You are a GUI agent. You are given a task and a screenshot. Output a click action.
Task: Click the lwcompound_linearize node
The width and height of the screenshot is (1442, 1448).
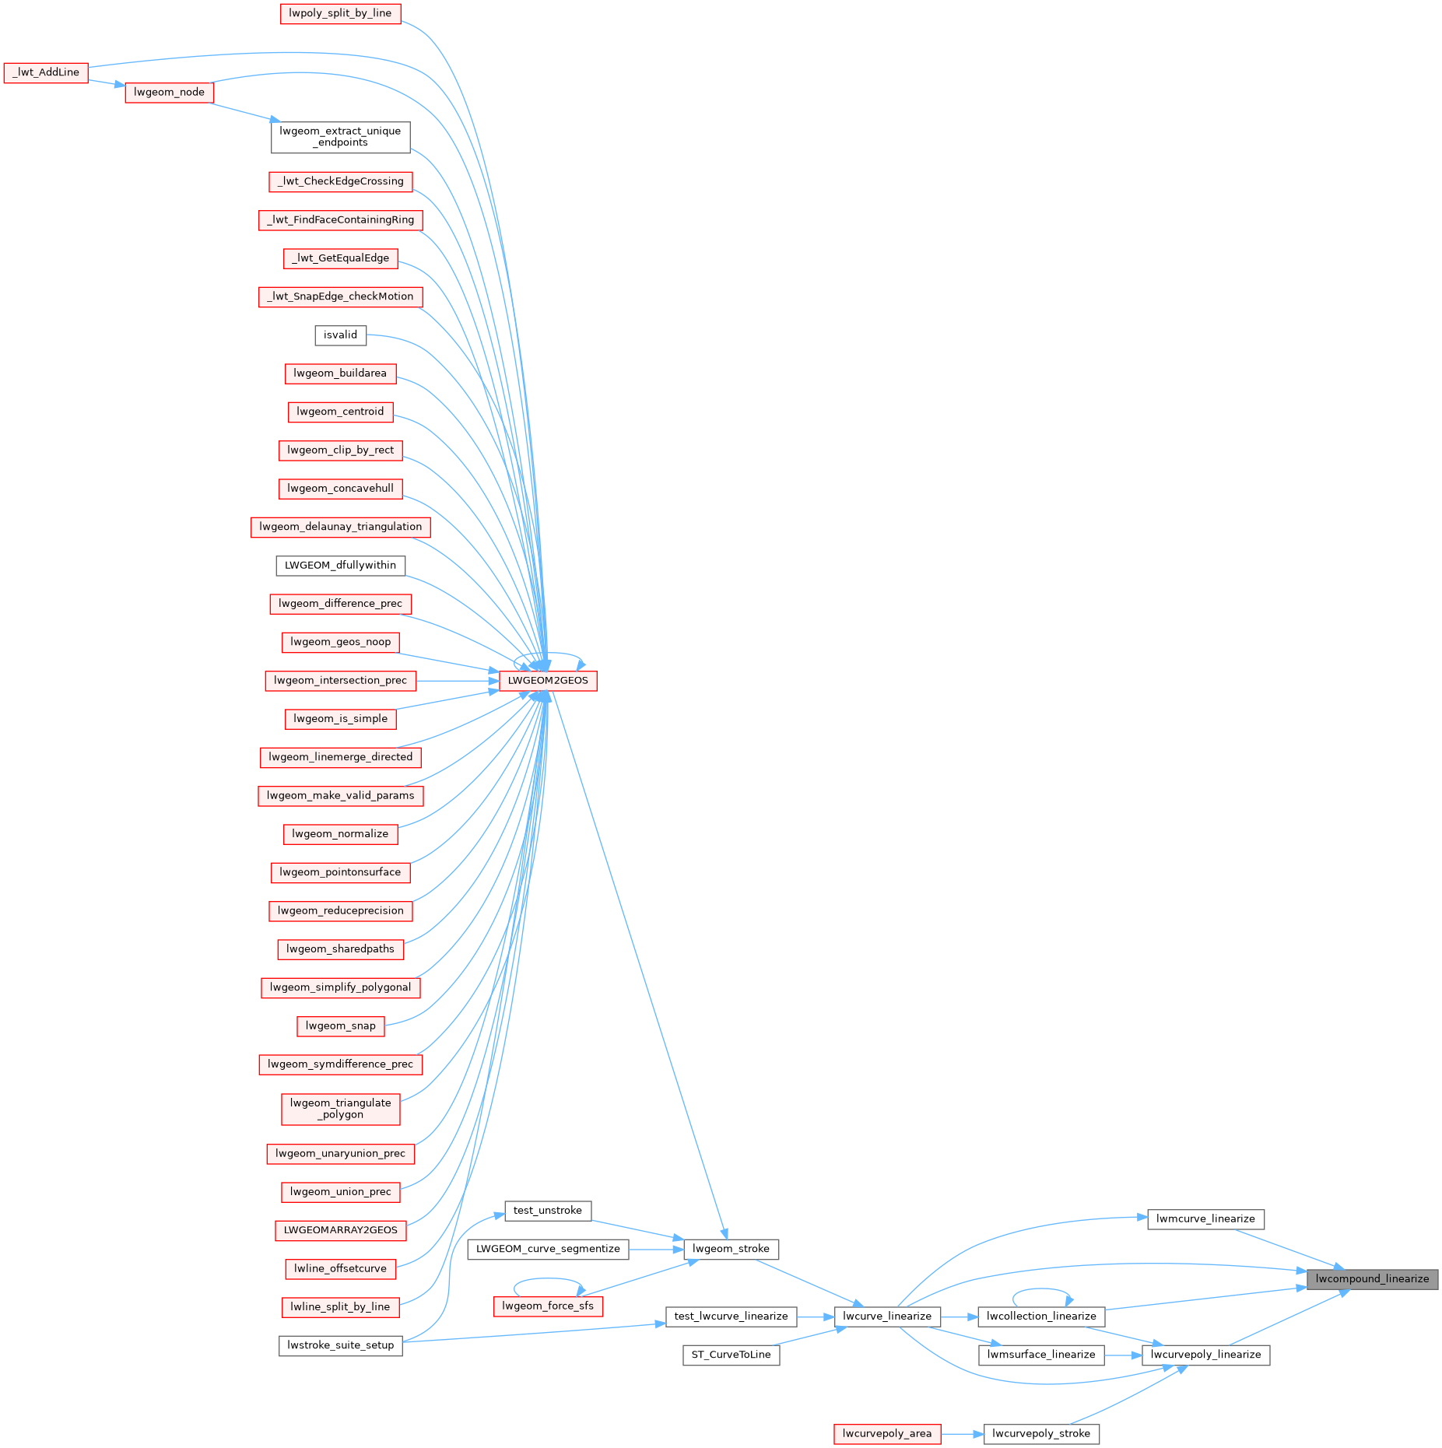pyautogui.click(x=1371, y=1278)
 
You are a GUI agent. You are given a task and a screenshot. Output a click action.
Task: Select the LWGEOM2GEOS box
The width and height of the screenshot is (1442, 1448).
pyautogui.click(x=548, y=681)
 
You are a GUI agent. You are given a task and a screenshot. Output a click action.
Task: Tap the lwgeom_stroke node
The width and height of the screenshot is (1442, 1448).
pyautogui.click(x=731, y=1249)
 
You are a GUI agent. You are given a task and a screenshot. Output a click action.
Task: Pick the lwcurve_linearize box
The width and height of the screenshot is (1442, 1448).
pyautogui.click(x=887, y=1316)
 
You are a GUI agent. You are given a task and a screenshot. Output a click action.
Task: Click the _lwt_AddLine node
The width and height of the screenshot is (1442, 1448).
pyautogui.click(x=46, y=72)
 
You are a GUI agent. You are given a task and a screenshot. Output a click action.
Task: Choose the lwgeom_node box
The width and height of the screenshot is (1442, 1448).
pyautogui.click(x=169, y=92)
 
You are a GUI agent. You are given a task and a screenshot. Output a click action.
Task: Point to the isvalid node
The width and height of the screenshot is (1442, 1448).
pyautogui.click(x=340, y=335)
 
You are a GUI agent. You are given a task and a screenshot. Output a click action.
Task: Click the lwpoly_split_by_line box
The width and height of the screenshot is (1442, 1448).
pyautogui.click(x=340, y=13)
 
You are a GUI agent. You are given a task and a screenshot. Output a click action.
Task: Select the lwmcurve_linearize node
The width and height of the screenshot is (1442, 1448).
pyautogui.click(x=1205, y=1218)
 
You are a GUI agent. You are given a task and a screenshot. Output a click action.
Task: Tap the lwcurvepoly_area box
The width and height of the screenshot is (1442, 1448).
pyautogui.click(x=886, y=1433)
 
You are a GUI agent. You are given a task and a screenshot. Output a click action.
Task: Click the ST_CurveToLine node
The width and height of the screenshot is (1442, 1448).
pyautogui.click(x=731, y=1355)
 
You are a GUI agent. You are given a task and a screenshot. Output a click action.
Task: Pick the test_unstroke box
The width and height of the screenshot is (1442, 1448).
pyautogui.click(x=548, y=1210)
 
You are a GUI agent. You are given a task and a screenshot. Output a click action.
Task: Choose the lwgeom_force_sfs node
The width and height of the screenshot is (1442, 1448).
pyautogui.click(x=548, y=1306)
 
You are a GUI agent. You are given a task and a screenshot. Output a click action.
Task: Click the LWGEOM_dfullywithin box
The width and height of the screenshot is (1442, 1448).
pyautogui.click(x=340, y=565)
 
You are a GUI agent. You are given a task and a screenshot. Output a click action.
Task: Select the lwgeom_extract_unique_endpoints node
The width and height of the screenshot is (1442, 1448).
pyautogui.click(x=340, y=137)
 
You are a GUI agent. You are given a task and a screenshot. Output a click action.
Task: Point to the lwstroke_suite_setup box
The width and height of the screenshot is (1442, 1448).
pyautogui.click(x=340, y=1345)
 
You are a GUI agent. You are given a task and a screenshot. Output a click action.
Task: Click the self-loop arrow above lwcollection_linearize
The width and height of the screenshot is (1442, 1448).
pyautogui.click(x=1041, y=1289)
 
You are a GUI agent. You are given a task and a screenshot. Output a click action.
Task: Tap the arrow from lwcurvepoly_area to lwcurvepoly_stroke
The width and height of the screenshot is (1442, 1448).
pyautogui.click(x=962, y=1433)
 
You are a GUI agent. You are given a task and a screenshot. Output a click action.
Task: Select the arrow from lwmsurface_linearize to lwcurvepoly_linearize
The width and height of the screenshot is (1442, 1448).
pyautogui.click(x=1123, y=1355)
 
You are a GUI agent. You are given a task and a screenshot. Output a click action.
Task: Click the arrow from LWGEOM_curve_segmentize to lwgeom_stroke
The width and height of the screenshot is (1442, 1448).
pyautogui.click(x=655, y=1249)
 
